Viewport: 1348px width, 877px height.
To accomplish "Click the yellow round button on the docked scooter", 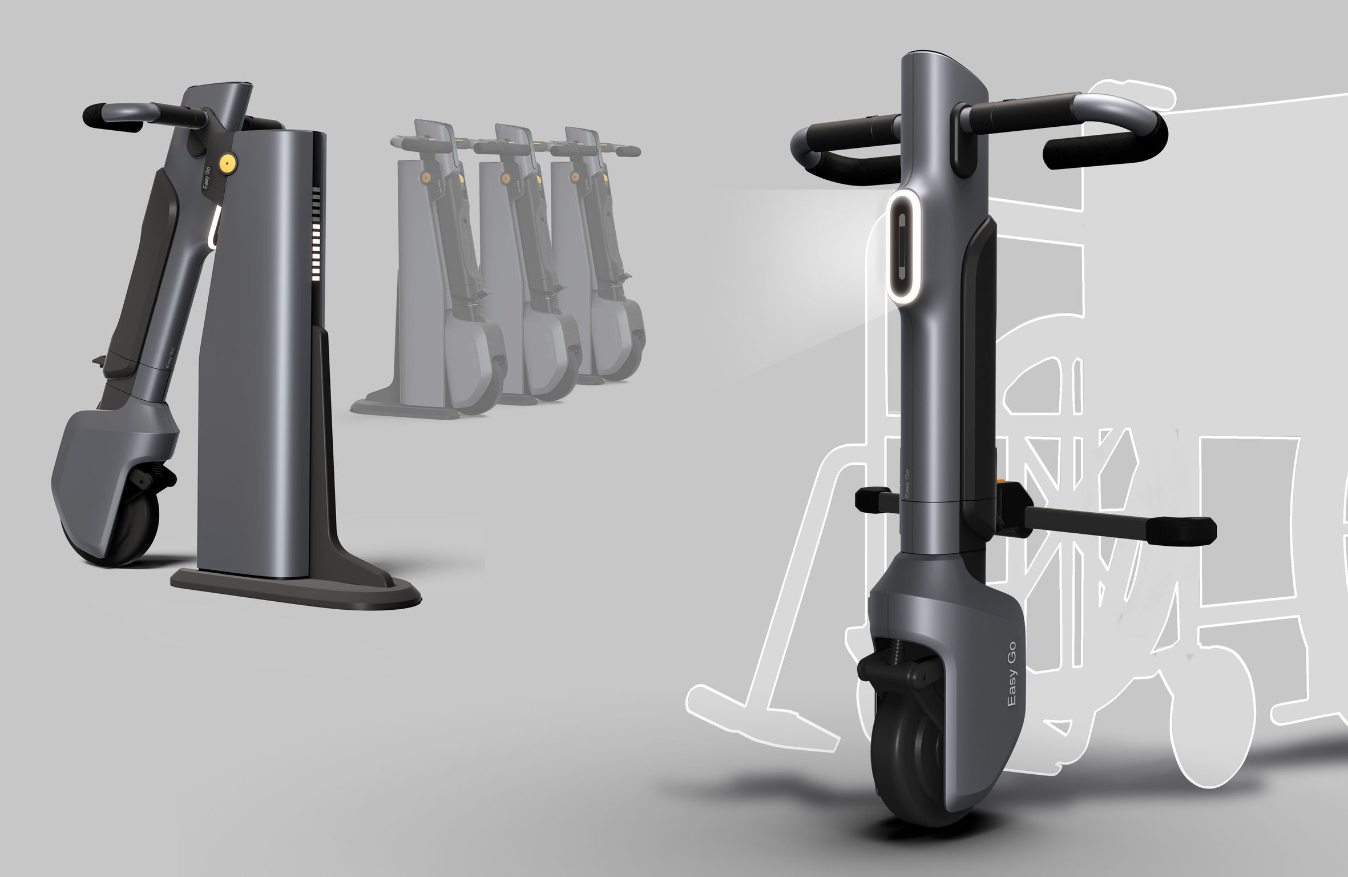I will point(229,163).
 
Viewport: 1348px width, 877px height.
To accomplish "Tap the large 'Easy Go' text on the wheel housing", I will point(1011,674).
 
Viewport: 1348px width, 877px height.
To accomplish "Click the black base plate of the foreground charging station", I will point(297,594).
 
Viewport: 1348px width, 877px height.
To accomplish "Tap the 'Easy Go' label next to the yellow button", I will point(207,178).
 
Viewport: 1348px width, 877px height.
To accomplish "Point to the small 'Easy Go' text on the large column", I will point(906,483).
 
